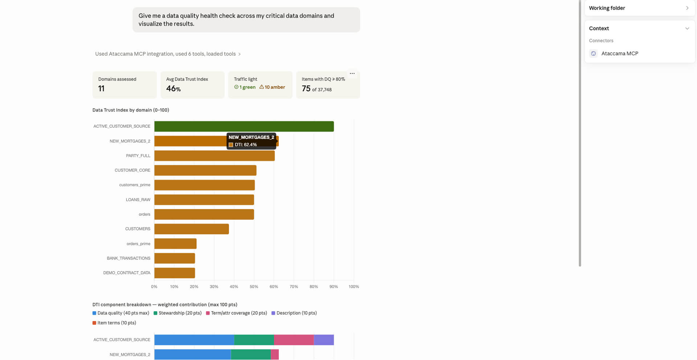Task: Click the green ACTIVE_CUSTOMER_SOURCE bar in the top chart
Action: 244,126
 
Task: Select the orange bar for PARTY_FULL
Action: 215,156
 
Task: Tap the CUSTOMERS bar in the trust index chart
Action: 192,229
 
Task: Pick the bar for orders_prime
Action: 175,244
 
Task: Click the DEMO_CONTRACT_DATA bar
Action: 175,273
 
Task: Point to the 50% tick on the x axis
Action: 254,287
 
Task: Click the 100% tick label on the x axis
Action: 354,287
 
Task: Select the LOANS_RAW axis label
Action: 138,200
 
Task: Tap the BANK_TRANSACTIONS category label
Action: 129,258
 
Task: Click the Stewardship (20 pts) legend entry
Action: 178,313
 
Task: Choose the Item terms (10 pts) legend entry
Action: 114,323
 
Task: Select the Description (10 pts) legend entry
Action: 294,313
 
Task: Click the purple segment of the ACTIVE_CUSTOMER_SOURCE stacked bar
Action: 324,340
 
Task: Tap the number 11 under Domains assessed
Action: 101,89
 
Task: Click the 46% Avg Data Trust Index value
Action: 174,89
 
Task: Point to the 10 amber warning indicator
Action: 272,87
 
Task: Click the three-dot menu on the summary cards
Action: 352,74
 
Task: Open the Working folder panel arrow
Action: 687,8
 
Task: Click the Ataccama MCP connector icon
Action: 594,54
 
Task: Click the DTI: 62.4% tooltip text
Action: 246,145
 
